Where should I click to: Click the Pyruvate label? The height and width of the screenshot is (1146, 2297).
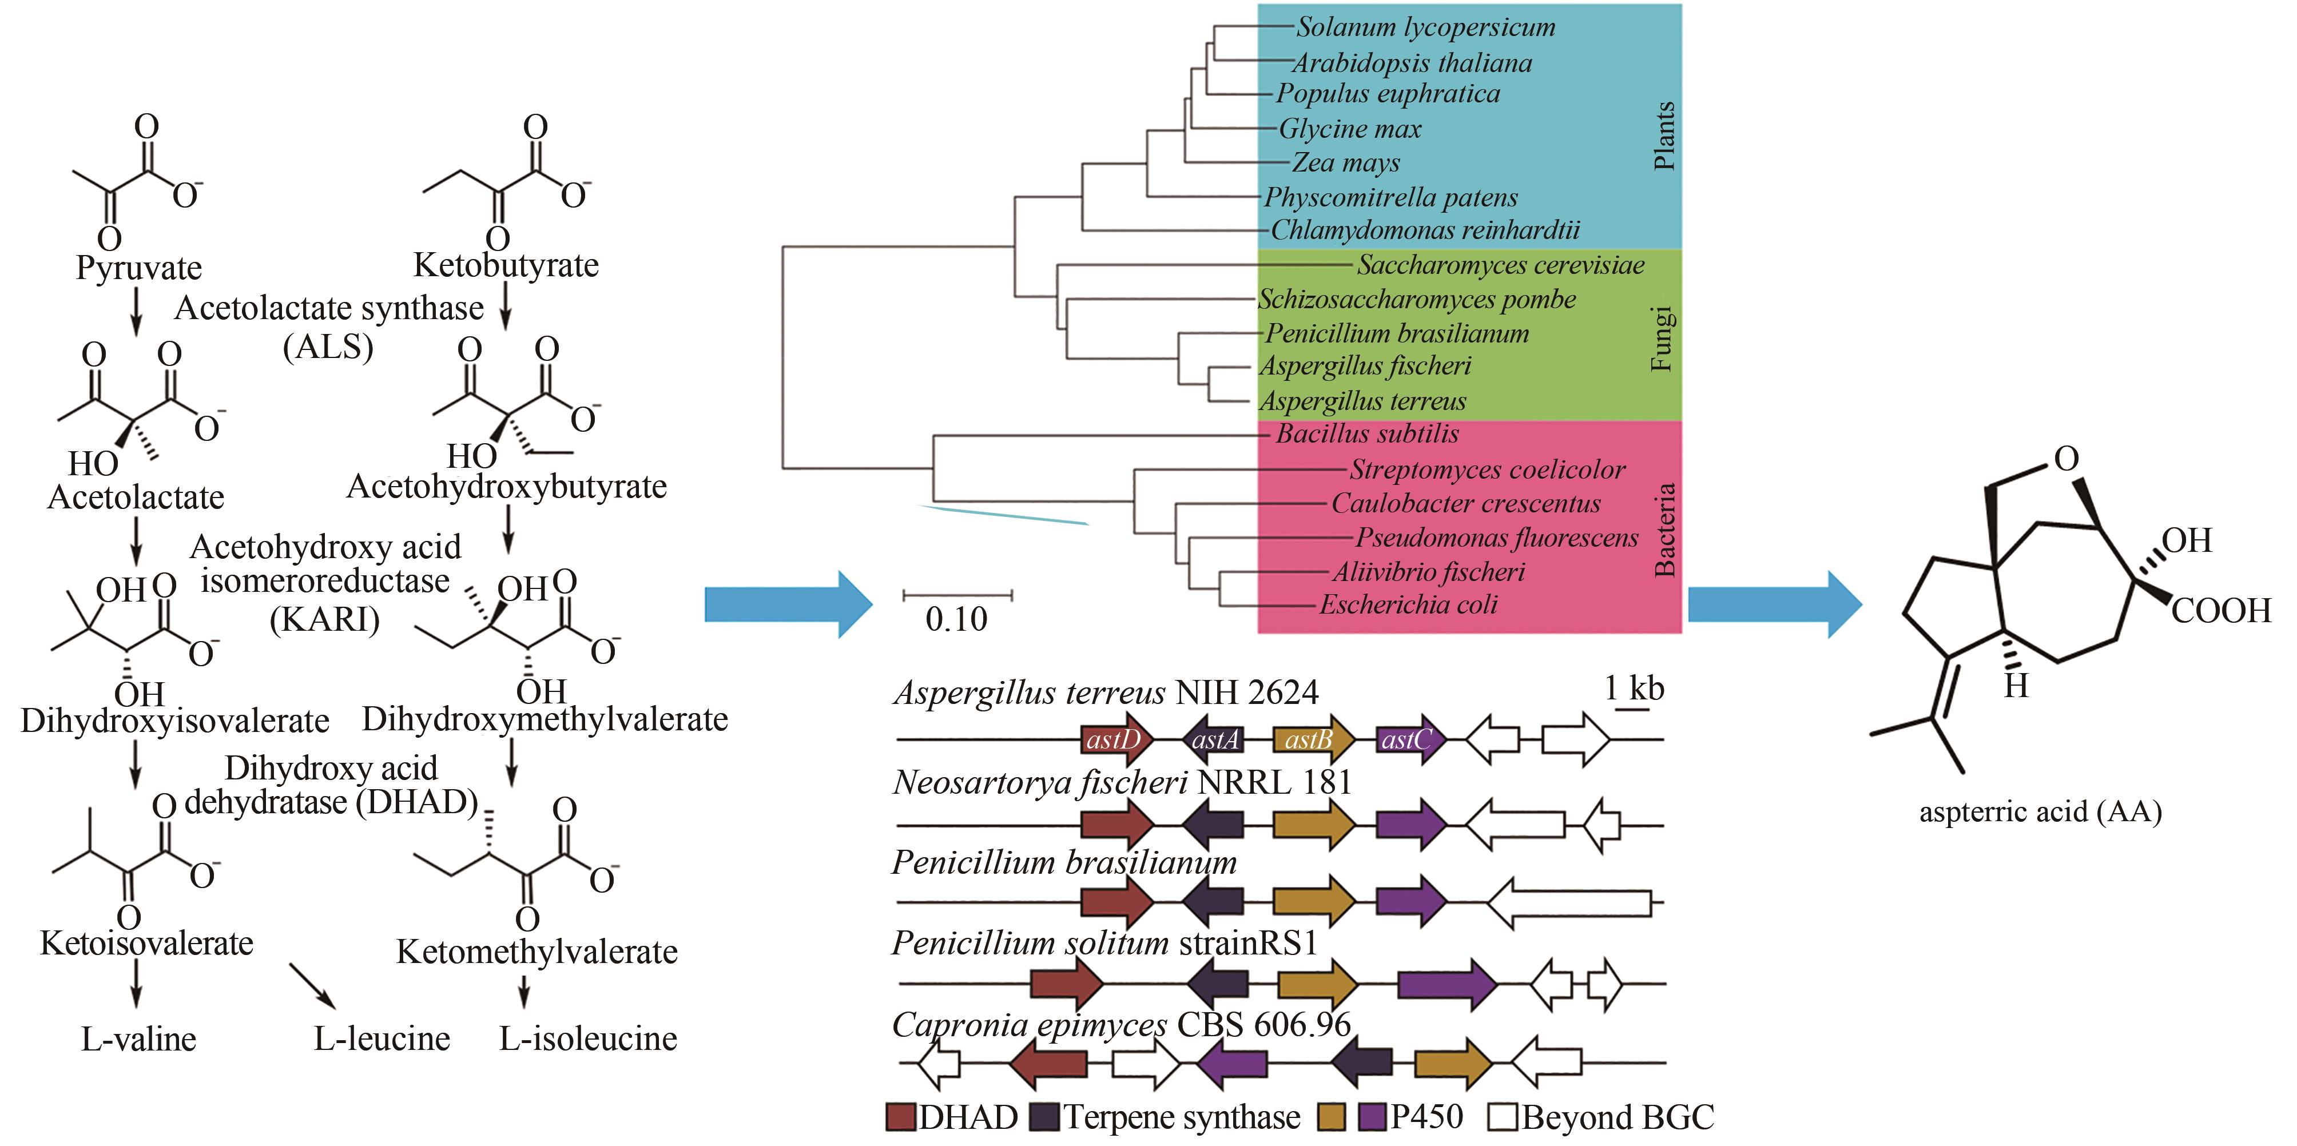[x=138, y=268]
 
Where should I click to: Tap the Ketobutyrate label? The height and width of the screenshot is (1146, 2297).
[x=506, y=265]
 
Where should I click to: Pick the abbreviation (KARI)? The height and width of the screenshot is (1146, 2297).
[x=324, y=618]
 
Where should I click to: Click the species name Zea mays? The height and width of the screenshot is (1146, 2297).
[x=1346, y=163]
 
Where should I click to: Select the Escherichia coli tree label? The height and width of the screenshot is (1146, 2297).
[x=1408, y=604]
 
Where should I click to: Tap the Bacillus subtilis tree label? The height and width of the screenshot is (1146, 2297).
[x=1367, y=434]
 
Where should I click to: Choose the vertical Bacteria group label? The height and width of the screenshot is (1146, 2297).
[x=1664, y=530]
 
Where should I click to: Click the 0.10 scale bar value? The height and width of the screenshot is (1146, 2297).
[x=956, y=619]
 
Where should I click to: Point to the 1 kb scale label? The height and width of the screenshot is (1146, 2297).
[x=1634, y=689]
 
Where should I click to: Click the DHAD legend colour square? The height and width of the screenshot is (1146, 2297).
[x=901, y=1117]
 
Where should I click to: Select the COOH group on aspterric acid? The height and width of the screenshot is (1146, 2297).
[x=2221, y=611]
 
